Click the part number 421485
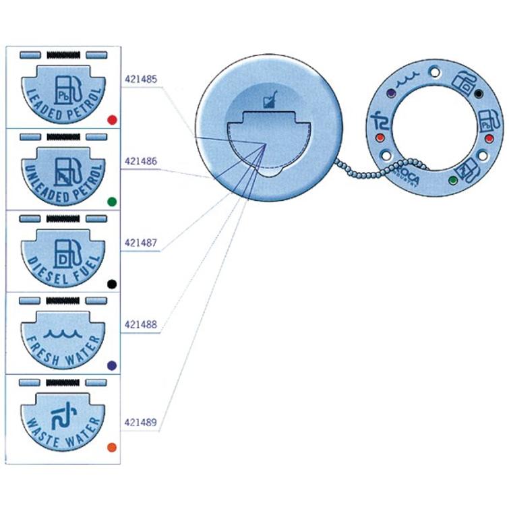point(141,79)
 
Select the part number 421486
point(141,162)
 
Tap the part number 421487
point(141,242)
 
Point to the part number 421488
point(141,324)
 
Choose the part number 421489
point(141,423)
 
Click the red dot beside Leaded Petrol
point(112,120)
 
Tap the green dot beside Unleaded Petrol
point(112,201)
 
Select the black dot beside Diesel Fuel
point(112,283)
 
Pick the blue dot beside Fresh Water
point(112,365)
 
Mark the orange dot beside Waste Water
point(112,447)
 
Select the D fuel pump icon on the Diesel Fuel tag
point(62,251)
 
